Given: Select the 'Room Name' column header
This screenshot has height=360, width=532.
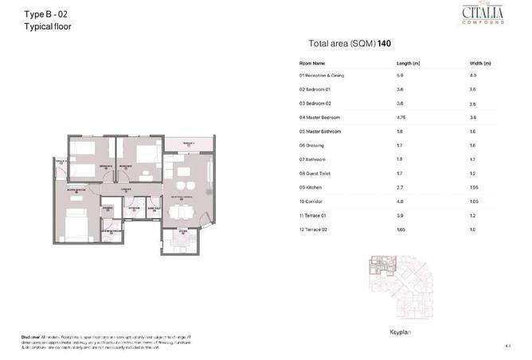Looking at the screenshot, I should click(x=312, y=62).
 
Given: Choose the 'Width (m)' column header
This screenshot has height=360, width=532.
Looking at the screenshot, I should click(x=480, y=62).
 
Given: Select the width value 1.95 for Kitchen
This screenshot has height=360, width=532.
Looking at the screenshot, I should click(x=474, y=188).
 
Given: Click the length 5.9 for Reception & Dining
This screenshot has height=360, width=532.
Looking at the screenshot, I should click(x=401, y=75).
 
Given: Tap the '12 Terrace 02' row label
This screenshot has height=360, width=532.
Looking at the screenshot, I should click(x=313, y=229).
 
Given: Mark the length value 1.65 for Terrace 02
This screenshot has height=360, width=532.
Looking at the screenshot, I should click(x=402, y=229).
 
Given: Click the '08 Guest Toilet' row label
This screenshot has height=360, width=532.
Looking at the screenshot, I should click(x=315, y=174).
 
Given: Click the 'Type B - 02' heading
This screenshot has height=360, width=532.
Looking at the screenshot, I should click(x=47, y=14).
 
